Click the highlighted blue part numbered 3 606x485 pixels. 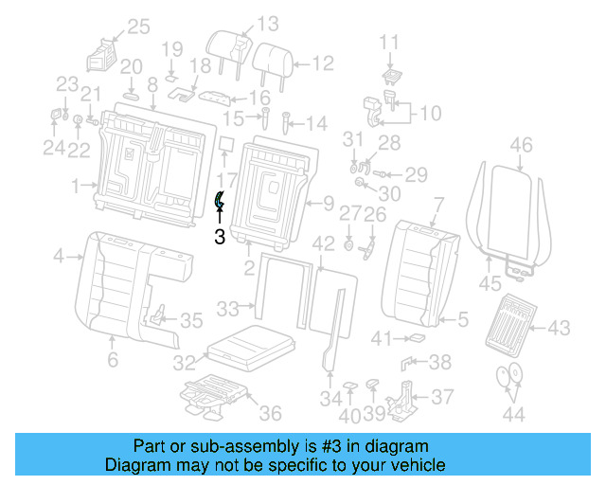(x=219, y=200)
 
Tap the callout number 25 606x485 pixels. (x=138, y=27)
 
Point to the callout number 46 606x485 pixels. (x=521, y=145)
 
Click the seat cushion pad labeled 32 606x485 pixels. (x=249, y=347)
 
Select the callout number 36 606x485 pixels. (x=271, y=412)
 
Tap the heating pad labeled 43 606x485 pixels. (x=511, y=322)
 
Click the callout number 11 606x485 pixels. (x=390, y=42)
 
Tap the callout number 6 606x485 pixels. (x=112, y=360)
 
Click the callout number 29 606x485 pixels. (x=417, y=173)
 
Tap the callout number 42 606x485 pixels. (x=324, y=244)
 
